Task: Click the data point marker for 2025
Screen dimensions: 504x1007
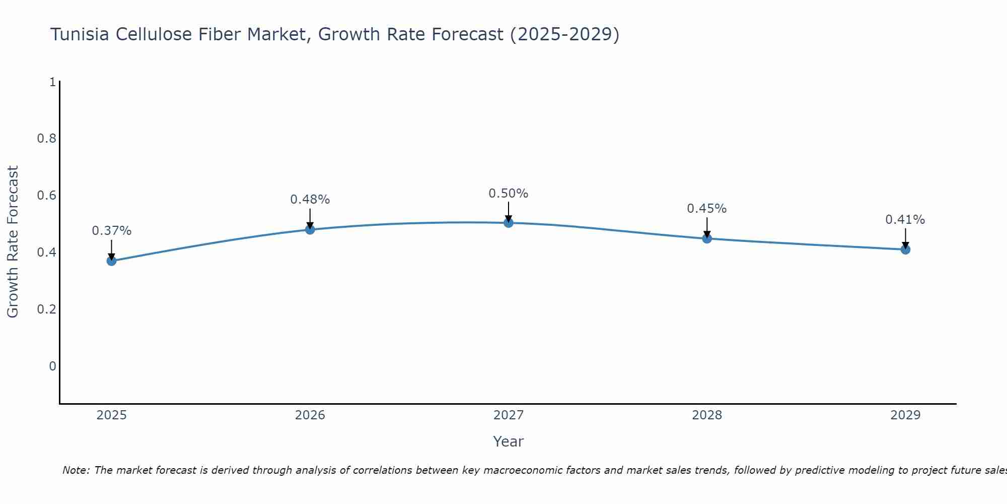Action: (111, 261)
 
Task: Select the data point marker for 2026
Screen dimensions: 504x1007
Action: (310, 229)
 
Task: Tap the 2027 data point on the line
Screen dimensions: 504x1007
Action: (509, 223)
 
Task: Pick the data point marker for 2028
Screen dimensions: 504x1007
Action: (707, 238)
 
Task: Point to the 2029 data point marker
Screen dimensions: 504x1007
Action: (905, 249)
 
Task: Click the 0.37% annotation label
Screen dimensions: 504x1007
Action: (111, 231)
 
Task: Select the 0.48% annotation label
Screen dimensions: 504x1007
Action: (310, 200)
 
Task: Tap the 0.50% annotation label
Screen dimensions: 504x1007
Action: (509, 194)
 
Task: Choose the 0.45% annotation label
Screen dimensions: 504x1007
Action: (707, 209)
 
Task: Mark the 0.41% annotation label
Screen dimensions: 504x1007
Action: (905, 220)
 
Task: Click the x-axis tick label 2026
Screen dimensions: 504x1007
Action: (310, 415)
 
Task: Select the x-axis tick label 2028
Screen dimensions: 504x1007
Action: (707, 415)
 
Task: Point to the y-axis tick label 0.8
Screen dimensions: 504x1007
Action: (46, 139)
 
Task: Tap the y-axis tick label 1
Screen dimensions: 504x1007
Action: (52, 82)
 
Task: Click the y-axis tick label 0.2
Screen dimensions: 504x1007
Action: (46, 309)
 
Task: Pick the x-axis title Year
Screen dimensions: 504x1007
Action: (509, 442)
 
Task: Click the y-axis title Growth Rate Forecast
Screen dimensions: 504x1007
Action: (13, 242)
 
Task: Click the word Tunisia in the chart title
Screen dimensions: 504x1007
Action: (80, 34)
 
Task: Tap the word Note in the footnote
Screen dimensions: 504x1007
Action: (76, 470)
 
